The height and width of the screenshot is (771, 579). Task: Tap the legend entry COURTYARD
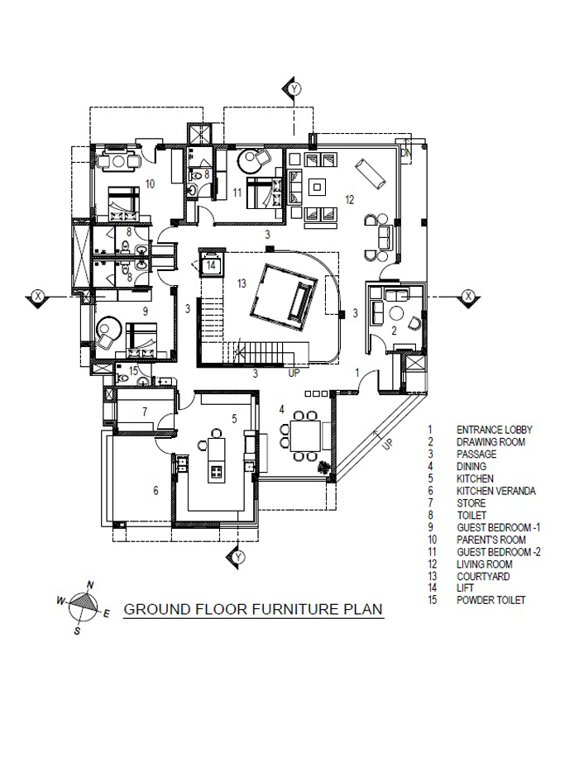(483, 576)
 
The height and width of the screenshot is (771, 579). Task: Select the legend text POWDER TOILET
(490, 601)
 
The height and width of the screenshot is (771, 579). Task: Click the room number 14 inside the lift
(211, 265)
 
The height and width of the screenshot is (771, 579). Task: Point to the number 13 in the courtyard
(242, 283)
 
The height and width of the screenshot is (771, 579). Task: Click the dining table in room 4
(305, 436)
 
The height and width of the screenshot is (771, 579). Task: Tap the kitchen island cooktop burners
(217, 473)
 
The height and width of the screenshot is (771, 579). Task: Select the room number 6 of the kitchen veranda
(156, 491)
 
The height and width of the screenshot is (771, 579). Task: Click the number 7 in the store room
(145, 412)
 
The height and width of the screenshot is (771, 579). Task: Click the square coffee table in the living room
(318, 187)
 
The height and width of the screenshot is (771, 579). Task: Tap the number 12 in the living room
(350, 200)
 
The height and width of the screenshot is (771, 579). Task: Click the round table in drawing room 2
(396, 313)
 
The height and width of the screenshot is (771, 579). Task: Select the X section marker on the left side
(37, 297)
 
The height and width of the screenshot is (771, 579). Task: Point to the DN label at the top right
(405, 154)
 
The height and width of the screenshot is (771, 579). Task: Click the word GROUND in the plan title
(156, 609)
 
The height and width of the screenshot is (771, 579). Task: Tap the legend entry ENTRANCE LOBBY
(495, 430)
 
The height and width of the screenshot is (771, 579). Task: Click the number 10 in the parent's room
(150, 184)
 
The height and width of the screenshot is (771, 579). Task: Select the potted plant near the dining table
(323, 468)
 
